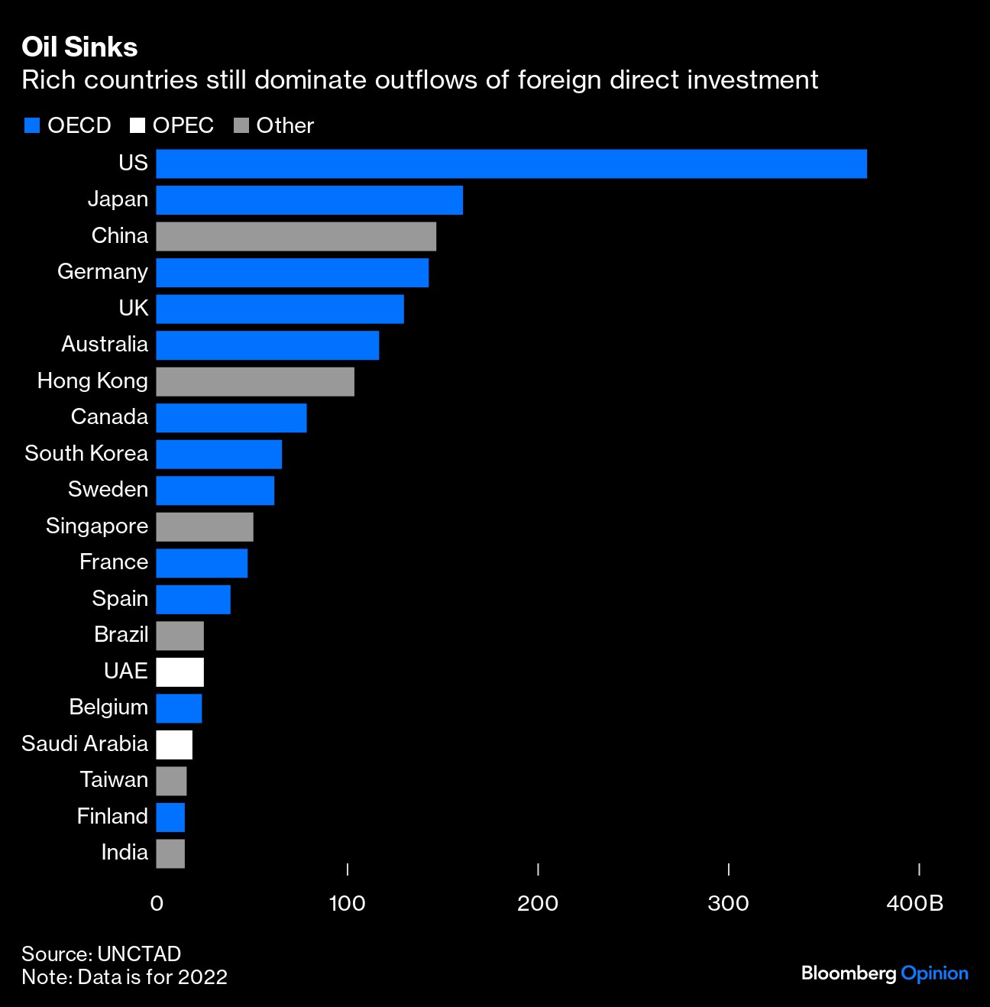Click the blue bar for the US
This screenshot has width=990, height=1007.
[x=511, y=164]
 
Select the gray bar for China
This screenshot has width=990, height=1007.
[x=296, y=236]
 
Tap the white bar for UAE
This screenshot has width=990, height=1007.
[x=180, y=672]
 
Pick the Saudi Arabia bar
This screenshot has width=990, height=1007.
[x=174, y=744]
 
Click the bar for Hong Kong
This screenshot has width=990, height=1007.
[x=255, y=381]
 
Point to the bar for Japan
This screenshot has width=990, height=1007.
[x=309, y=200]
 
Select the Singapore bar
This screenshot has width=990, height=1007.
[x=205, y=526]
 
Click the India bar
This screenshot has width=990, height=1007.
[x=170, y=853]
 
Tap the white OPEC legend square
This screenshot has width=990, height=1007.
[x=137, y=125]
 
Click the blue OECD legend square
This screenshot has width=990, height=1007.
[x=32, y=125]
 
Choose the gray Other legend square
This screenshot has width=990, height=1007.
[x=241, y=125]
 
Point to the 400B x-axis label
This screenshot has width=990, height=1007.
[x=914, y=904]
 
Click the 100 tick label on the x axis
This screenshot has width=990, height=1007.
[x=347, y=904]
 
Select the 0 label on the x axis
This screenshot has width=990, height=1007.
[x=157, y=904]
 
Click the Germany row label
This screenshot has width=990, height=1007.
[x=102, y=272]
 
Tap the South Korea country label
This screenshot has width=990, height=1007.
[x=86, y=453]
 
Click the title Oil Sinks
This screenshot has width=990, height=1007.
[x=79, y=47]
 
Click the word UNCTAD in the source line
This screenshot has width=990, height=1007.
[x=139, y=954]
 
